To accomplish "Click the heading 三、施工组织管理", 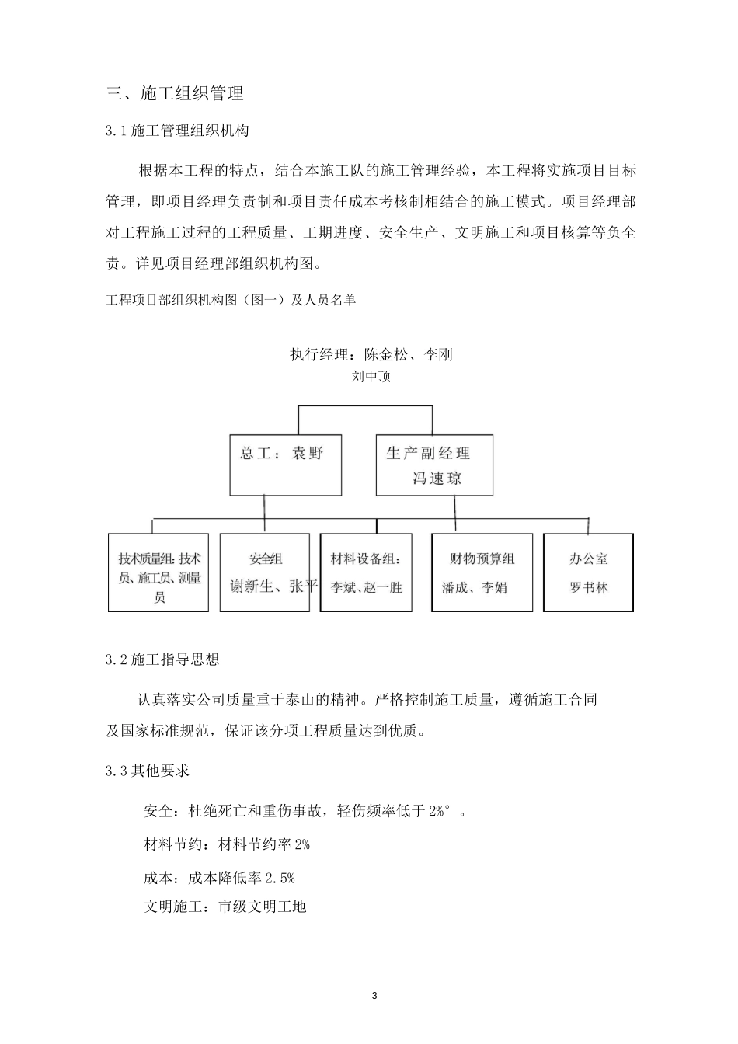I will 175,94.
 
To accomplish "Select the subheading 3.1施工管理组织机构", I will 177,130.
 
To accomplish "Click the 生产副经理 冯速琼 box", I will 434,464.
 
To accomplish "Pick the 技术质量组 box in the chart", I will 158,572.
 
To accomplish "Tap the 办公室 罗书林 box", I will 588,572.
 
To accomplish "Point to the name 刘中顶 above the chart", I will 371,378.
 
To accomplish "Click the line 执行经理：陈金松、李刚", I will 371,355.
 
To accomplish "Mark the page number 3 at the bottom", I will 374,996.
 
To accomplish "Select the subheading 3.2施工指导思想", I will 162,659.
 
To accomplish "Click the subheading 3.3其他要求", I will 148,771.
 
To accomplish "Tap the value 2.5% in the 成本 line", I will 280,879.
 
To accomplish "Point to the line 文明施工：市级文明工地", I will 225,907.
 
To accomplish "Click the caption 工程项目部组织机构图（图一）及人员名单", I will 231,300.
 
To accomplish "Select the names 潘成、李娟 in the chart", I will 475,588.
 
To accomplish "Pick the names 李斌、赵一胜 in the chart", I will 366,588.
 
